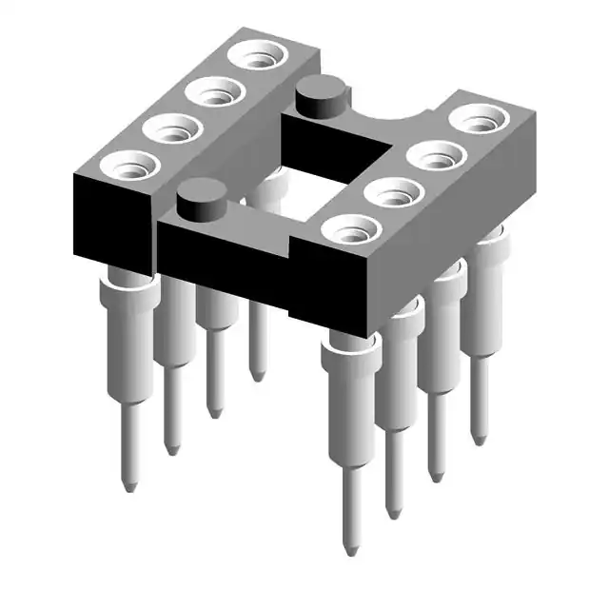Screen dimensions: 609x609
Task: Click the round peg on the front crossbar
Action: coord(202,196)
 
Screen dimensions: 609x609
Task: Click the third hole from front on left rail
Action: coord(213,93)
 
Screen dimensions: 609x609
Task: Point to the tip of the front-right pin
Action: coord(351,551)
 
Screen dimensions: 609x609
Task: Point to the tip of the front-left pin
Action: coord(130,486)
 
